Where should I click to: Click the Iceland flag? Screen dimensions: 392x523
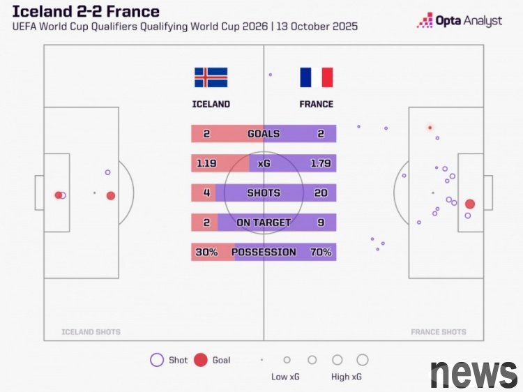pos(211,77)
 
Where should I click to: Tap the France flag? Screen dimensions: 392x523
pos(317,77)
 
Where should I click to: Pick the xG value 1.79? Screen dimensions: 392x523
pos(321,163)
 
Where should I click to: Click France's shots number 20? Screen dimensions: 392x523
pos(321,193)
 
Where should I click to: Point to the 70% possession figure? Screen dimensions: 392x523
pos(321,252)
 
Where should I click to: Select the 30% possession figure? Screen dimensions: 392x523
pos(206,252)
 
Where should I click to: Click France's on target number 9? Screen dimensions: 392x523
pos(321,223)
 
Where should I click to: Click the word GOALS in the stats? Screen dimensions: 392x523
pos(264,134)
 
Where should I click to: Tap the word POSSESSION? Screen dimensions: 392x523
pos(264,252)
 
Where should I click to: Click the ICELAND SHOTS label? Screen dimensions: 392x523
pos(91,332)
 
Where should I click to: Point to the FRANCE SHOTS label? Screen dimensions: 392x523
pos(439,332)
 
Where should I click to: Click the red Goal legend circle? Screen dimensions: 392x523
pos(201,360)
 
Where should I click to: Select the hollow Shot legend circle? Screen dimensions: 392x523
pos(157,360)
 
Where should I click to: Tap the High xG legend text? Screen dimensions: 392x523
pos(347,377)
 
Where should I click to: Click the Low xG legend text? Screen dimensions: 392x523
pos(287,377)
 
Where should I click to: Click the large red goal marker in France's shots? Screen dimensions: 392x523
pos(470,204)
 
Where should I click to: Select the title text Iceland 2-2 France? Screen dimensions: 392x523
pos(86,12)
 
